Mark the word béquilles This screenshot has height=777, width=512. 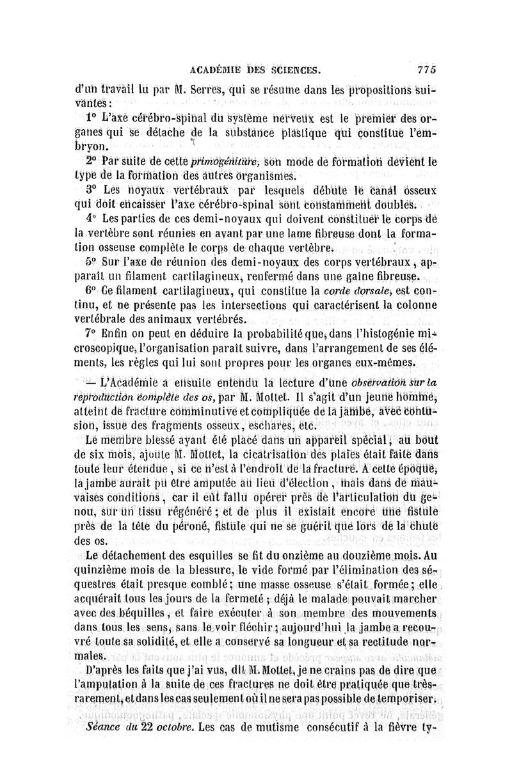[x=132, y=611]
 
